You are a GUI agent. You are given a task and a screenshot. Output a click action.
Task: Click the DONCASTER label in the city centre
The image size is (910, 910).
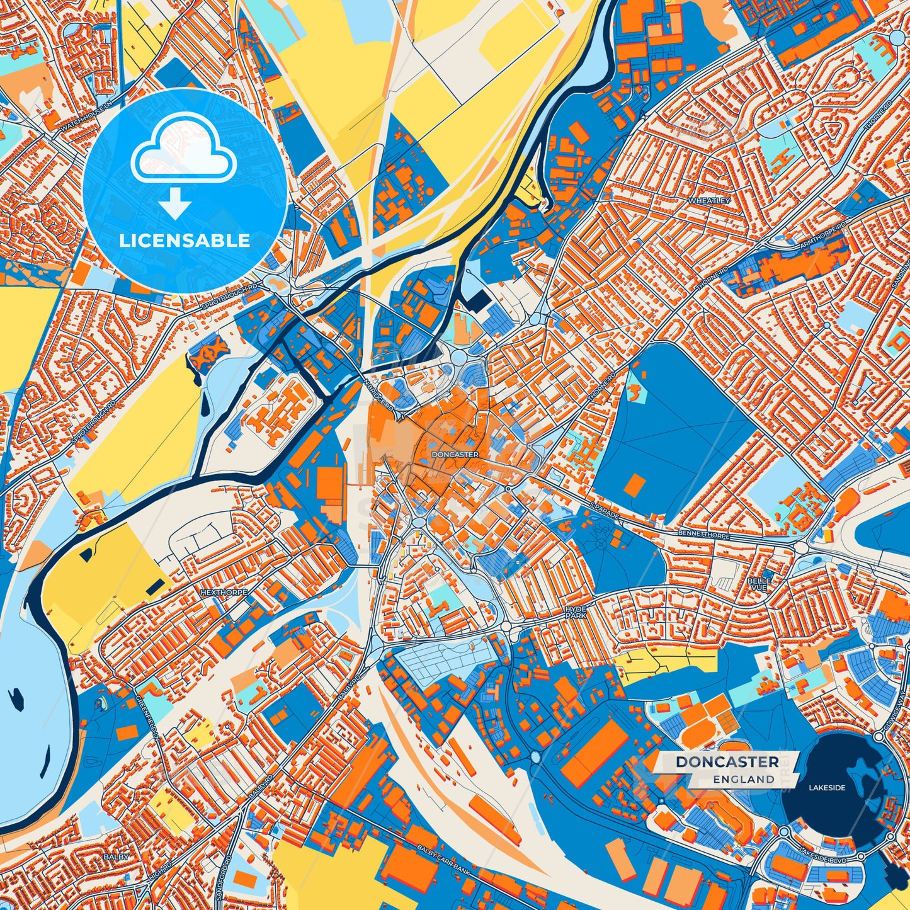[455, 454]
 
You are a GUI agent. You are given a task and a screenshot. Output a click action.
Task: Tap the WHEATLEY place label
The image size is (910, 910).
[709, 200]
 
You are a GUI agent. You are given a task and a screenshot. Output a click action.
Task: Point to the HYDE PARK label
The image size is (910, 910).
[576, 612]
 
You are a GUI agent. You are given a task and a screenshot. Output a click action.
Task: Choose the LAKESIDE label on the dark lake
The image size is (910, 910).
[827, 787]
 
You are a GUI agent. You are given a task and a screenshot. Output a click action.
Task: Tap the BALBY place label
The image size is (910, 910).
[116, 857]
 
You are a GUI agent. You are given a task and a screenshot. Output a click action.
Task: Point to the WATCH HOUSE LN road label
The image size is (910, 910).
[87, 114]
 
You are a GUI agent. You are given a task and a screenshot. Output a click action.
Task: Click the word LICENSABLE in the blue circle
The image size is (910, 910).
[185, 241]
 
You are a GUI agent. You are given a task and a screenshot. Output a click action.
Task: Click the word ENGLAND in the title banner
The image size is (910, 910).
[744, 780]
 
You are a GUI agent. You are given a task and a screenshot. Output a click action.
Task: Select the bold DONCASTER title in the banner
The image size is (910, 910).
[727, 762]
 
